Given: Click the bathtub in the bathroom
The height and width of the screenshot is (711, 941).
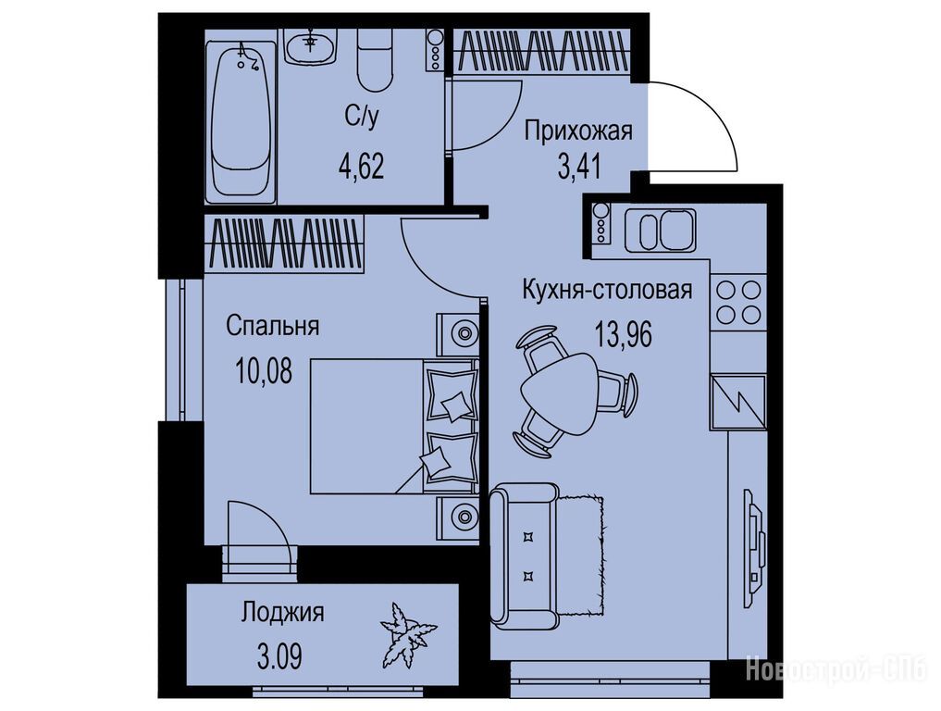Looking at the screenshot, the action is click(x=241, y=120).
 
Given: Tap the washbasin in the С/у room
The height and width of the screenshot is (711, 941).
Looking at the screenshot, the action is click(x=310, y=47).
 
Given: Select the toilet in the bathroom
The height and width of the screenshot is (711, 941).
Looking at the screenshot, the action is click(x=375, y=61).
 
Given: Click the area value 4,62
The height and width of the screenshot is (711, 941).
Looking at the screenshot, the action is click(x=361, y=166).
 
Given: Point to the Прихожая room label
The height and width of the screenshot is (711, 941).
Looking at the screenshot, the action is click(x=578, y=130).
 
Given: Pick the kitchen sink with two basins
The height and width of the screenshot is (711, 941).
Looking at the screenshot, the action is click(x=660, y=231).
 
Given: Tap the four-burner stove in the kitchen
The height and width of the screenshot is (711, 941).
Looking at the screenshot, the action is click(x=739, y=302).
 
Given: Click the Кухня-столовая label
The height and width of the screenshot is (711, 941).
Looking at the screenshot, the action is click(x=607, y=290).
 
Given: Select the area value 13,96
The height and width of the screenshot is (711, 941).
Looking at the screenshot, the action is click(x=624, y=334).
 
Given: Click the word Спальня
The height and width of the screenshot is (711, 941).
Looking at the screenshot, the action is click(x=272, y=326).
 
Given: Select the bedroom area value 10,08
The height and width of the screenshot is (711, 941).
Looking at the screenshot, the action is click(x=264, y=372).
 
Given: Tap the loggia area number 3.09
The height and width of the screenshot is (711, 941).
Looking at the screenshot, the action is click(x=279, y=657).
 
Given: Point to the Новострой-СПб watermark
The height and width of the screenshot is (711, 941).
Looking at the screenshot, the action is click(x=836, y=668).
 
